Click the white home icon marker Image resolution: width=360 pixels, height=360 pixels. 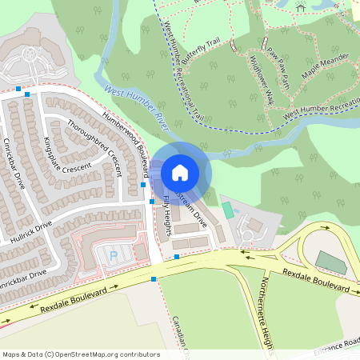(180, 172)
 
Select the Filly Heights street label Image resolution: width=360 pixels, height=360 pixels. (167, 209)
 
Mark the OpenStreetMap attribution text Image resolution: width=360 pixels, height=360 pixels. (80, 354)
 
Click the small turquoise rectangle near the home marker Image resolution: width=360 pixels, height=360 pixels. (228, 210)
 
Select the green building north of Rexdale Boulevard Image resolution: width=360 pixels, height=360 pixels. (328, 261)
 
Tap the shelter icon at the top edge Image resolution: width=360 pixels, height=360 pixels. (301, 8)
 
